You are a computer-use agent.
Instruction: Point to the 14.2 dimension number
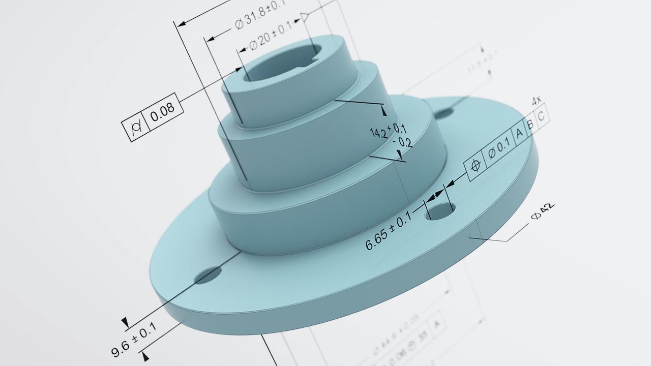click(378, 133)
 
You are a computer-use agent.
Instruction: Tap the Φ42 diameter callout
click(542, 212)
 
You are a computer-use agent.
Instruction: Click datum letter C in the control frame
click(541, 116)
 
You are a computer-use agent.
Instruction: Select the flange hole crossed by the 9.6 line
click(209, 275)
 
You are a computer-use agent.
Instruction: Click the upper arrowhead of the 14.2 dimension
click(383, 110)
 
